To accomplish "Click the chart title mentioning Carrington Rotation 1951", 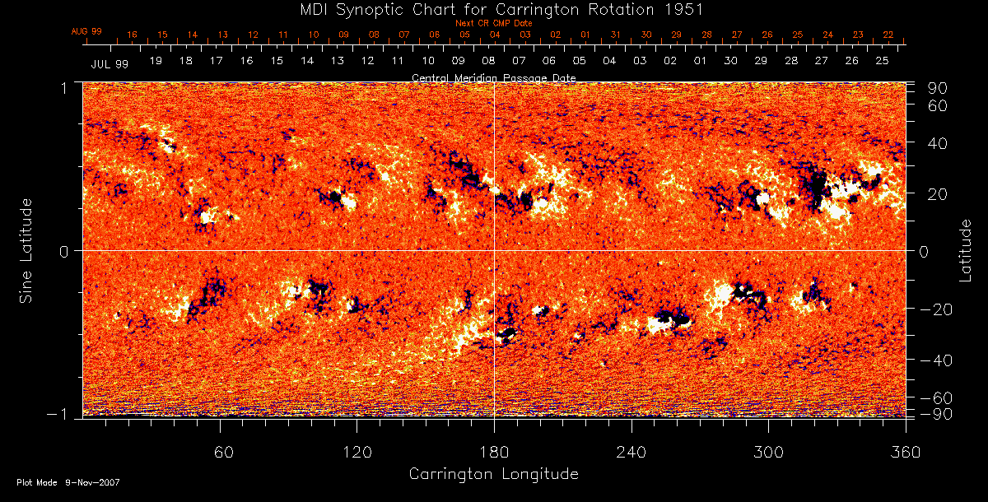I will coord(494,9).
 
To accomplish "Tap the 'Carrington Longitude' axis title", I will coord(493,474).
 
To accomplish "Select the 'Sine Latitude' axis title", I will coord(26,249).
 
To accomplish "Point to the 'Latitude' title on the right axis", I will coord(965,249).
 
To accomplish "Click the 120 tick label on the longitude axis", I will coord(357,452).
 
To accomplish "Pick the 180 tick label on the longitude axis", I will coord(494,452).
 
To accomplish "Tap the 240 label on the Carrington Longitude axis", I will coord(631,452).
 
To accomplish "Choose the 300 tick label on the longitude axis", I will coord(768,452).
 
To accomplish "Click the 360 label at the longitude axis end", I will coord(906,452).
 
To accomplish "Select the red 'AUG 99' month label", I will coord(86,31).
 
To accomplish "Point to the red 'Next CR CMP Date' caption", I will coord(494,23).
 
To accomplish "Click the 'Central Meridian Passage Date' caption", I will coord(494,77).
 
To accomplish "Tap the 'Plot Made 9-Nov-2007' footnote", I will coord(68,482).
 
